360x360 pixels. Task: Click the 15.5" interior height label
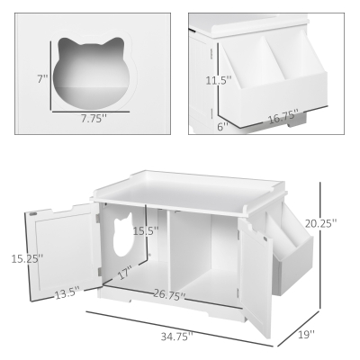point(145,231)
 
